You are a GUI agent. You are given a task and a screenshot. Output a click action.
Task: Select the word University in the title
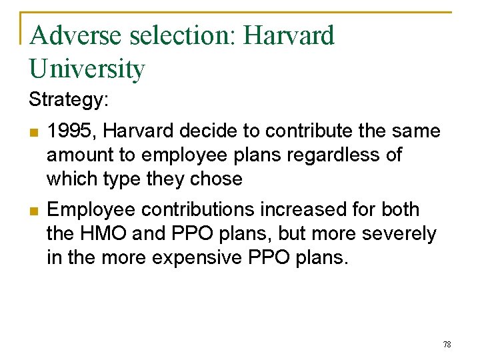(87, 69)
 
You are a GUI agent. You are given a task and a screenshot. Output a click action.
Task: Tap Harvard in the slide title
(289, 35)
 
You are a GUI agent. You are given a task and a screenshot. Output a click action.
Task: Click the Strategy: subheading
(69, 100)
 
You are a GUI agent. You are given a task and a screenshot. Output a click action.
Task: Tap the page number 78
(447, 344)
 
